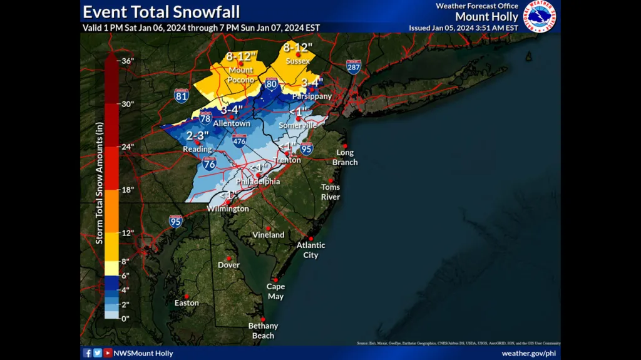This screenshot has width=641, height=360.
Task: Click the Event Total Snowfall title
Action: pos(161,11)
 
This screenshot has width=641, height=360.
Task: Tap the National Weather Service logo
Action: pos(539,16)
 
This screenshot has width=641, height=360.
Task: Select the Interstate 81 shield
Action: pos(182,95)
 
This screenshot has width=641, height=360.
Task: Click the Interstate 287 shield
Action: pos(354,66)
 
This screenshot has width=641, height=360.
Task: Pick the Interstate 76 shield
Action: pos(209,165)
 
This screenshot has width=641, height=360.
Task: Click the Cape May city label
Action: pos(275,291)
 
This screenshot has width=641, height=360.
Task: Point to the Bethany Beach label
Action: pos(263,331)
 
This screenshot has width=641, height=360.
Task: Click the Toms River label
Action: pos(331,192)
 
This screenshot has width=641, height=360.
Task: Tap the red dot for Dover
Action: pos(229,258)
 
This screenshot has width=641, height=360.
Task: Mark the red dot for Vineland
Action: pos(269,229)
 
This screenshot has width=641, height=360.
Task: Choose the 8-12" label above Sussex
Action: pos(298,47)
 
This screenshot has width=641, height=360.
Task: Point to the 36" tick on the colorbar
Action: pos(128,61)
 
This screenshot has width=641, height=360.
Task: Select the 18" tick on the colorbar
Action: pos(127,190)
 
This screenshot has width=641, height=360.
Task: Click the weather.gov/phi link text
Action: pos(529,353)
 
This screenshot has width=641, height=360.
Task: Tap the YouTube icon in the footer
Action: pos(108,353)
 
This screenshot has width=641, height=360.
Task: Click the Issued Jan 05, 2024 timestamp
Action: pos(463,28)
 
